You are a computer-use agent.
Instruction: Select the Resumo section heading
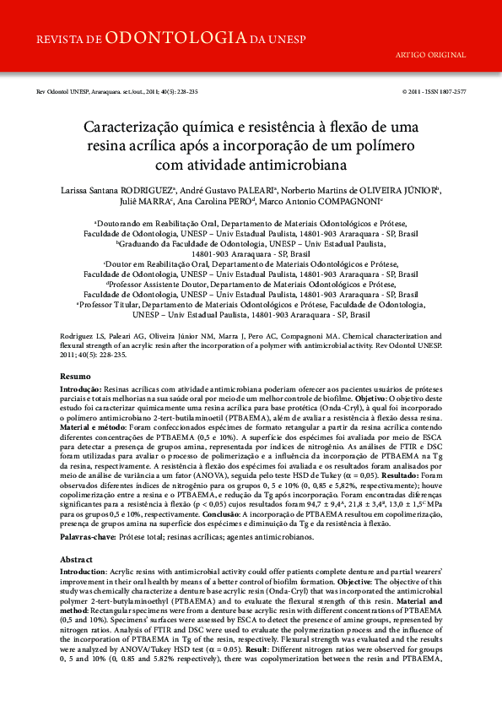click(74, 376)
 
